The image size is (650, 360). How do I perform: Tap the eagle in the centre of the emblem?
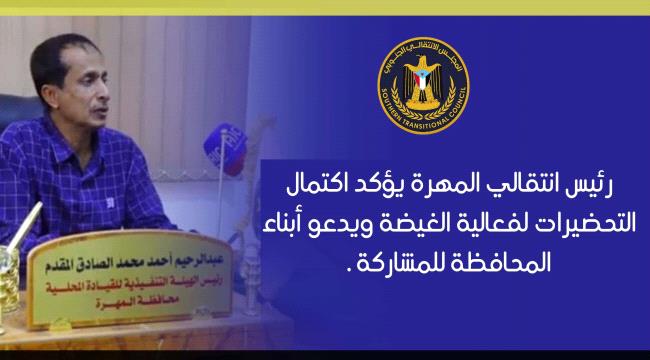tap(421, 85)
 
